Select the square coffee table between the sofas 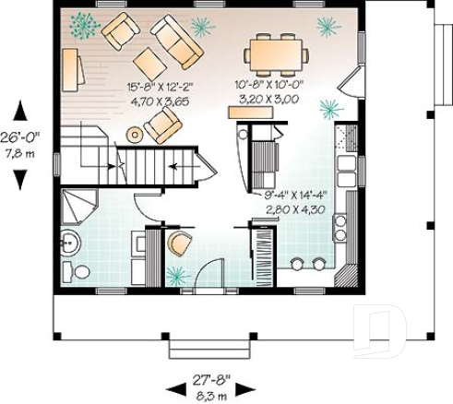point(150,63)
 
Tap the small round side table point(135,134)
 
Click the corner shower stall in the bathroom point(79,208)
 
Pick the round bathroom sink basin point(71,244)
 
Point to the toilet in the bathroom point(78,271)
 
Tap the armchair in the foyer point(179,244)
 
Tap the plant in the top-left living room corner point(83,25)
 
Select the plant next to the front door point(175,274)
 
